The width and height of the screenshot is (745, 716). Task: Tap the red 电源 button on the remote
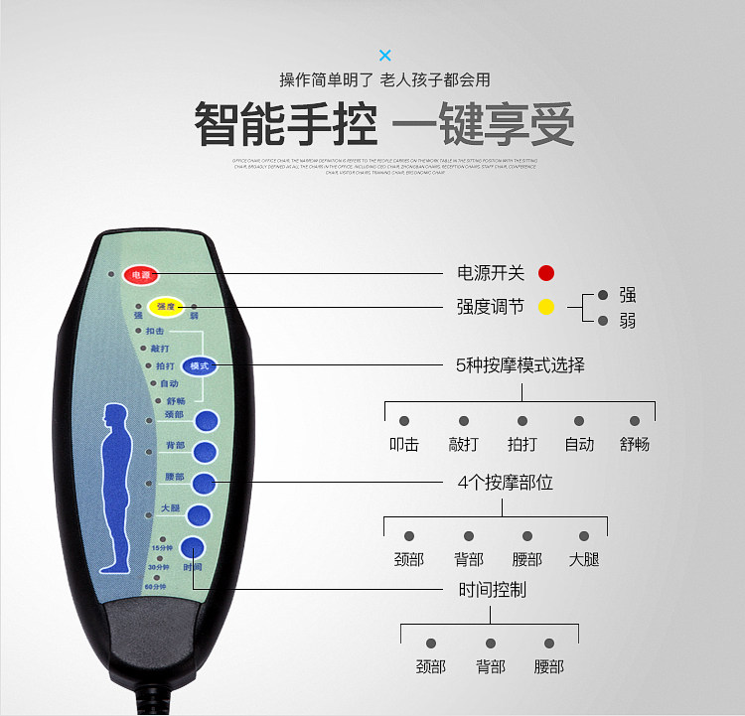tap(141, 274)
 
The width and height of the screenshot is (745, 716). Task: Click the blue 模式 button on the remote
tap(199, 365)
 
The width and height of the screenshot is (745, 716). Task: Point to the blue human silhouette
tap(116, 488)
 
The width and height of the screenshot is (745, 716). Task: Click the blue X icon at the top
tap(385, 55)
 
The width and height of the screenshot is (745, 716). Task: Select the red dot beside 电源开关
tap(546, 273)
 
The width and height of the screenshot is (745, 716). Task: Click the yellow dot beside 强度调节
tap(546, 307)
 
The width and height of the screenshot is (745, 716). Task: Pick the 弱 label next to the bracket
tap(627, 321)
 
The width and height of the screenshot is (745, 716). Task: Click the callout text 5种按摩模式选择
tap(520, 365)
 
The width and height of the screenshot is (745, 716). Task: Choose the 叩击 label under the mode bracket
tap(404, 444)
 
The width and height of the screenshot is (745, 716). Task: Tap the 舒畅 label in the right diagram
tap(635, 444)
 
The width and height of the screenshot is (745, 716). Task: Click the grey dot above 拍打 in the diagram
tap(521, 421)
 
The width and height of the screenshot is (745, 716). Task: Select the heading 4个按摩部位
tap(505, 483)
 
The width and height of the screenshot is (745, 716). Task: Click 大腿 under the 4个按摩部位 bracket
tap(584, 559)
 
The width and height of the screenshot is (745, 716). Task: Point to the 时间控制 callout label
tap(492, 590)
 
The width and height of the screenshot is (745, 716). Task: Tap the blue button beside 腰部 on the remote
tap(204, 484)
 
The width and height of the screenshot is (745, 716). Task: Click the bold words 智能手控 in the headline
tap(285, 124)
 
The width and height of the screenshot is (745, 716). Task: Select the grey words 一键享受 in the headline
tap(484, 124)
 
